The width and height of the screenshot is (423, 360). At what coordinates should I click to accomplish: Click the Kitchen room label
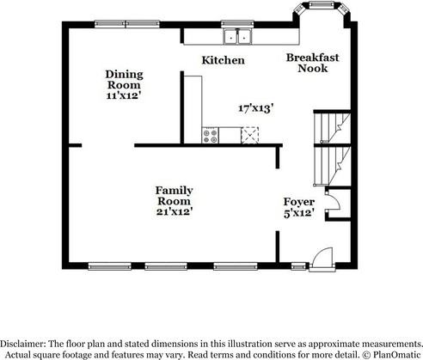[223, 60]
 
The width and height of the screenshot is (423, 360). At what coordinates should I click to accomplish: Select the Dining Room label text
[124, 79]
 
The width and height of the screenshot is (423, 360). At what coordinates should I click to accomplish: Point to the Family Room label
[174, 195]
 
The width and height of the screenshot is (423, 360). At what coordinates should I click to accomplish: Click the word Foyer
[298, 202]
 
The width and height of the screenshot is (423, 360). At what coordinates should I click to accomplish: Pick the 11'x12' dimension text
[124, 97]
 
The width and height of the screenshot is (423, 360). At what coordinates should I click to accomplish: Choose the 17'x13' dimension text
[256, 108]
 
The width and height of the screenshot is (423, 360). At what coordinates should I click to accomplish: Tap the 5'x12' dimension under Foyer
[298, 212]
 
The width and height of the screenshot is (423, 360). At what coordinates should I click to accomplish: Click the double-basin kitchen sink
[236, 37]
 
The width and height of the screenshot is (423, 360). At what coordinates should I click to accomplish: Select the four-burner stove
[209, 135]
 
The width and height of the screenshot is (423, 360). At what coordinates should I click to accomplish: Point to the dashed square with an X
[250, 135]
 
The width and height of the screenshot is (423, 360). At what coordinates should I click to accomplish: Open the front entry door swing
[321, 257]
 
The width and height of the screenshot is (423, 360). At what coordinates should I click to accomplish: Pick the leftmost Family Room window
[106, 265]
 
